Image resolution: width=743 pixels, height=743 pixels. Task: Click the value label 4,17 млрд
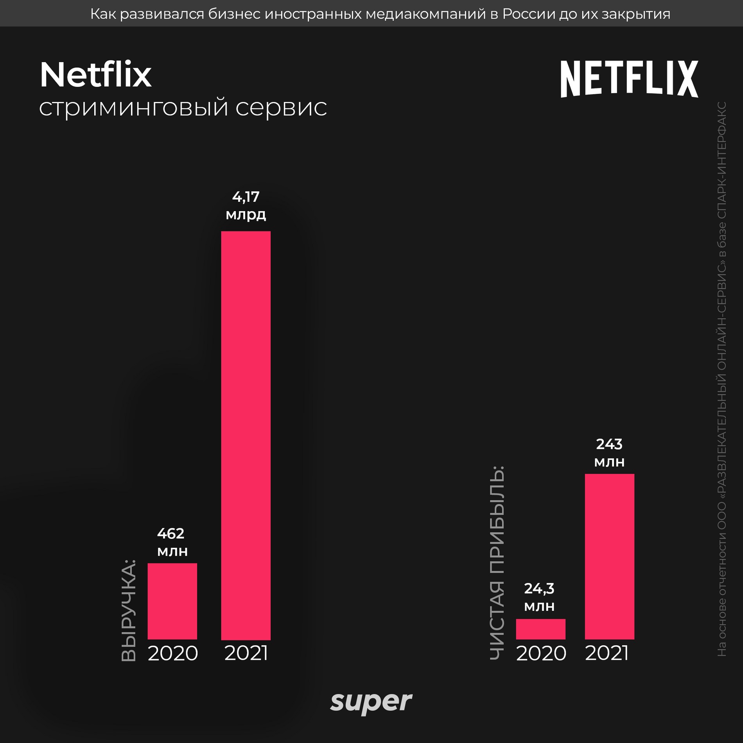click(246, 205)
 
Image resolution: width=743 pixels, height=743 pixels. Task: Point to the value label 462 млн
click(172, 542)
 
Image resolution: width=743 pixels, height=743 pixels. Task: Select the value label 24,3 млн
click(539, 597)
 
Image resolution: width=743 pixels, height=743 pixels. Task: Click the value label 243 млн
click(609, 453)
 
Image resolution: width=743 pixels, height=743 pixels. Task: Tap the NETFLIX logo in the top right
click(629, 79)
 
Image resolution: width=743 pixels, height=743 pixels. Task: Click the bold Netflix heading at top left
click(95, 75)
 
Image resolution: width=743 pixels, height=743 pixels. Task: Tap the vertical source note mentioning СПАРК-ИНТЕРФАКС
click(722, 379)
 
